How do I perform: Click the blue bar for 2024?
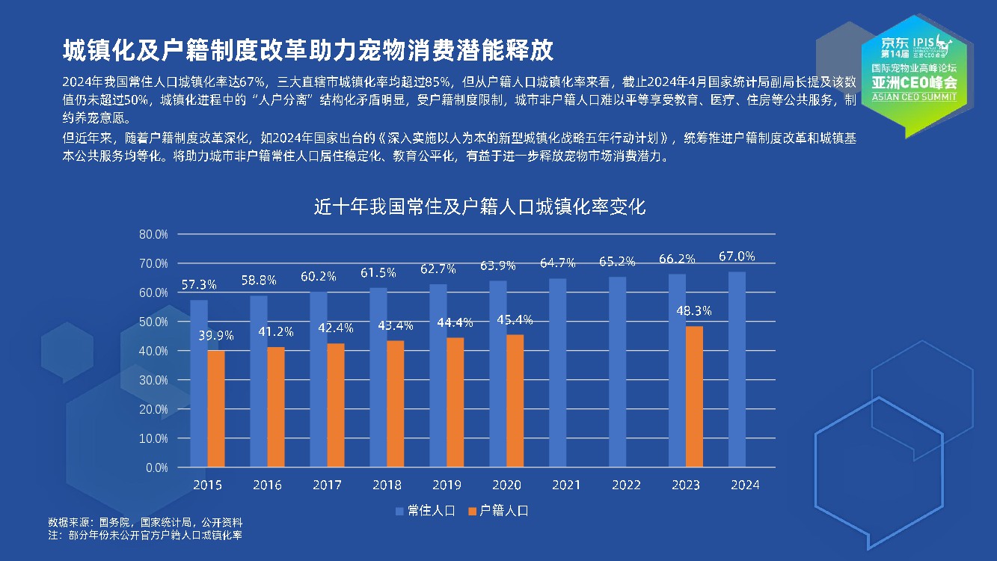pyautogui.click(x=737, y=370)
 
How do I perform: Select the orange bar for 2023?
pyautogui.click(x=694, y=396)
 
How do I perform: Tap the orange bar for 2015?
pyautogui.click(x=216, y=408)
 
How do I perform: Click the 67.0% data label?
pyautogui.click(x=737, y=257)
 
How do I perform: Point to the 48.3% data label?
pyautogui.click(x=693, y=311)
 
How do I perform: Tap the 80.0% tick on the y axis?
pyautogui.click(x=153, y=234)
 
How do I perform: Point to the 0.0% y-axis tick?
pyautogui.click(x=156, y=467)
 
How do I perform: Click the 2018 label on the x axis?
pyautogui.click(x=387, y=485)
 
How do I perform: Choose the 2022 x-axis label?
pyautogui.click(x=626, y=485)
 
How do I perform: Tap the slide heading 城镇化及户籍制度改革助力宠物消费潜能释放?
pyautogui.click(x=307, y=50)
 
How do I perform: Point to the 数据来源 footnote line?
pyautogui.click(x=145, y=522)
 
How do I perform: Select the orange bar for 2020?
pyautogui.click(x=515, y=401)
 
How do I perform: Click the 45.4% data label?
pyautogui.click(x=515, y=320)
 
